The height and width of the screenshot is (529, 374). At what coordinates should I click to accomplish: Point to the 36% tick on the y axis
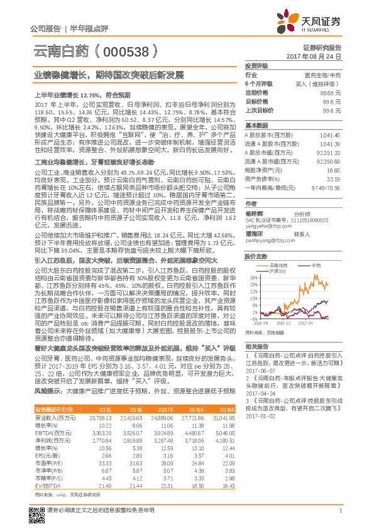click(253, 276)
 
